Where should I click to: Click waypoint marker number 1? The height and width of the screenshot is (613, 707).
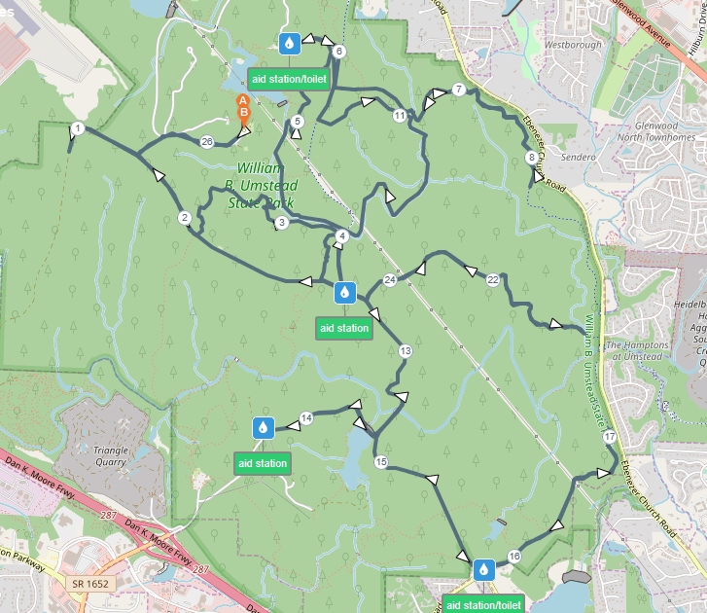click(x=78, y=128)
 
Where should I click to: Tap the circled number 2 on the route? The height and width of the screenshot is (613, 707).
click(x=184, y=218)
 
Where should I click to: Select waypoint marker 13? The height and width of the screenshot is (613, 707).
click(x=405, y=350)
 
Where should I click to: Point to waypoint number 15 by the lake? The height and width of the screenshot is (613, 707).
click(x=380, y=462)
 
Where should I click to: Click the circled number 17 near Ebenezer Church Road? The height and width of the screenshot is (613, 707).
click(x=609, y=438)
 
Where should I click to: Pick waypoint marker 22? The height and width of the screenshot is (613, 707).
click(x=492, y=280)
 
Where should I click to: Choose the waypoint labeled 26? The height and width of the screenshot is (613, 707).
click(x=206, y=142)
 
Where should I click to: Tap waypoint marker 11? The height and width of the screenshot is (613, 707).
click(x=399, y=116)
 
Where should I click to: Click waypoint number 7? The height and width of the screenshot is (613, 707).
click(x=458, y=90)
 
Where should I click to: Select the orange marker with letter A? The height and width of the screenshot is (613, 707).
click(x=243, y=100)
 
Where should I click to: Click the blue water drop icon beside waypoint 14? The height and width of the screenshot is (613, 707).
click(x=263, y=427)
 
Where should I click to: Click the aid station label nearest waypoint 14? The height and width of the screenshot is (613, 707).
click(x=263, y=463)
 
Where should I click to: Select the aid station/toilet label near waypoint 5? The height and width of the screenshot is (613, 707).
click(x=287, y=79)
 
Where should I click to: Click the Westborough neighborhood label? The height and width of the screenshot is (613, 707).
click(x=568, y=45)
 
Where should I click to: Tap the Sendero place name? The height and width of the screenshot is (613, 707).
click(x=577, y=157)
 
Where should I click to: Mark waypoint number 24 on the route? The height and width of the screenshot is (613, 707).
click(x=390, y=280)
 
